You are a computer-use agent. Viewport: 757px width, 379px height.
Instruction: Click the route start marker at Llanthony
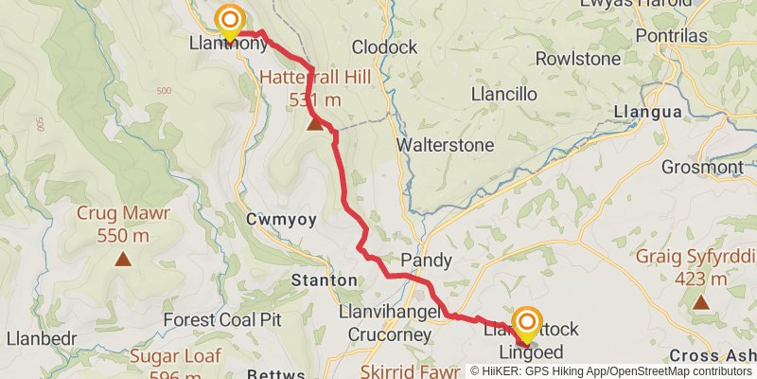pos(229,20)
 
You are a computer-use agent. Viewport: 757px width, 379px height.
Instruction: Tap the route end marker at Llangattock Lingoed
pos(527,323)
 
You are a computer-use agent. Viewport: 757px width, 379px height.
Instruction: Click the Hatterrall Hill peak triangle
pos(315,122)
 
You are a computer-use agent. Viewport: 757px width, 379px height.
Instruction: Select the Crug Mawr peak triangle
pos(123,259)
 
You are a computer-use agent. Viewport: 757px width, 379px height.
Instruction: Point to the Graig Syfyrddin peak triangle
pos(701,302)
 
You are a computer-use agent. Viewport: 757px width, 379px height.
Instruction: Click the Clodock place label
pos(384,46)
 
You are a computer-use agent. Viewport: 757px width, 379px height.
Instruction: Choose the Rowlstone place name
pos(577,59)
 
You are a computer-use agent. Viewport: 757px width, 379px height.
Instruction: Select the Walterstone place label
pos(445,146)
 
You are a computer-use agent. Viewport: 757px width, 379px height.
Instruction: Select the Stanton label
pos(325,280)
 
